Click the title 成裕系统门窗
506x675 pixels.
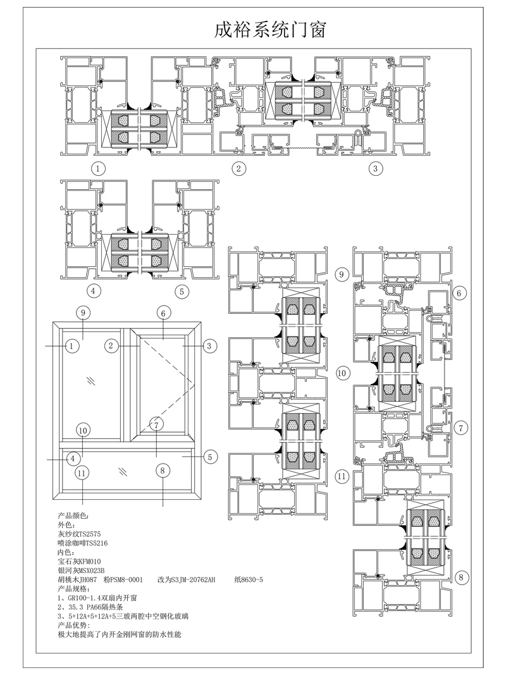click(x=270, y=30)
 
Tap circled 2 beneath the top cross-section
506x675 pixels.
click(x=239, y=168)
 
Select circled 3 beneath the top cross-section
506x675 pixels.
click(x=375, y=168)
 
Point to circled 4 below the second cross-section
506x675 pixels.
click(x=94, y=291)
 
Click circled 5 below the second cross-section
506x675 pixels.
click(x=182, y=292)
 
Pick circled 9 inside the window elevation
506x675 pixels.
click(x=83, y=313)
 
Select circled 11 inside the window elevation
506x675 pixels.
click(x=82, y=473)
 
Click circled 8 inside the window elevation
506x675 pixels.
click(x=163, y=470)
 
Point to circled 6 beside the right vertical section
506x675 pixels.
click(x=459, y=293)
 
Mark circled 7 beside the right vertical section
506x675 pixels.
click(x=461, y=428)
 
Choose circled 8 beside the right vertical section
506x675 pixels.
click(x=461, y=577)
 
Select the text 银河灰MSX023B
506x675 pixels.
click(x=81, y=571)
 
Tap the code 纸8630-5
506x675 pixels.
click(x=249, y=579)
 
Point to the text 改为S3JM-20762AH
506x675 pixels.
click(x=187, y=579)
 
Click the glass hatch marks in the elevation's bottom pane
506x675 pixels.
click(x=123, y=471)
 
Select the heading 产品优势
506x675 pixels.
click(x=73, y=625)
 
